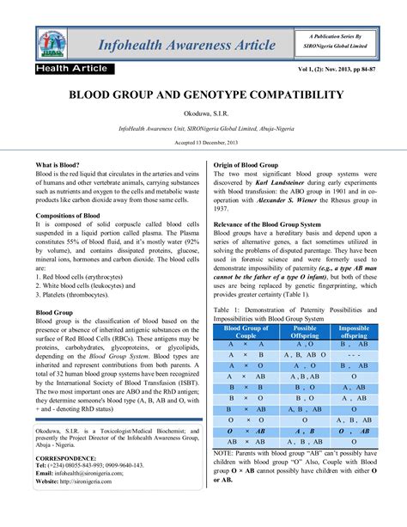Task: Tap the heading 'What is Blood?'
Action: [x=58, y=163]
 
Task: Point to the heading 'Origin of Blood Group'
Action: [x=249, y=163]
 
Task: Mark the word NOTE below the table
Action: [x=225, y=451]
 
